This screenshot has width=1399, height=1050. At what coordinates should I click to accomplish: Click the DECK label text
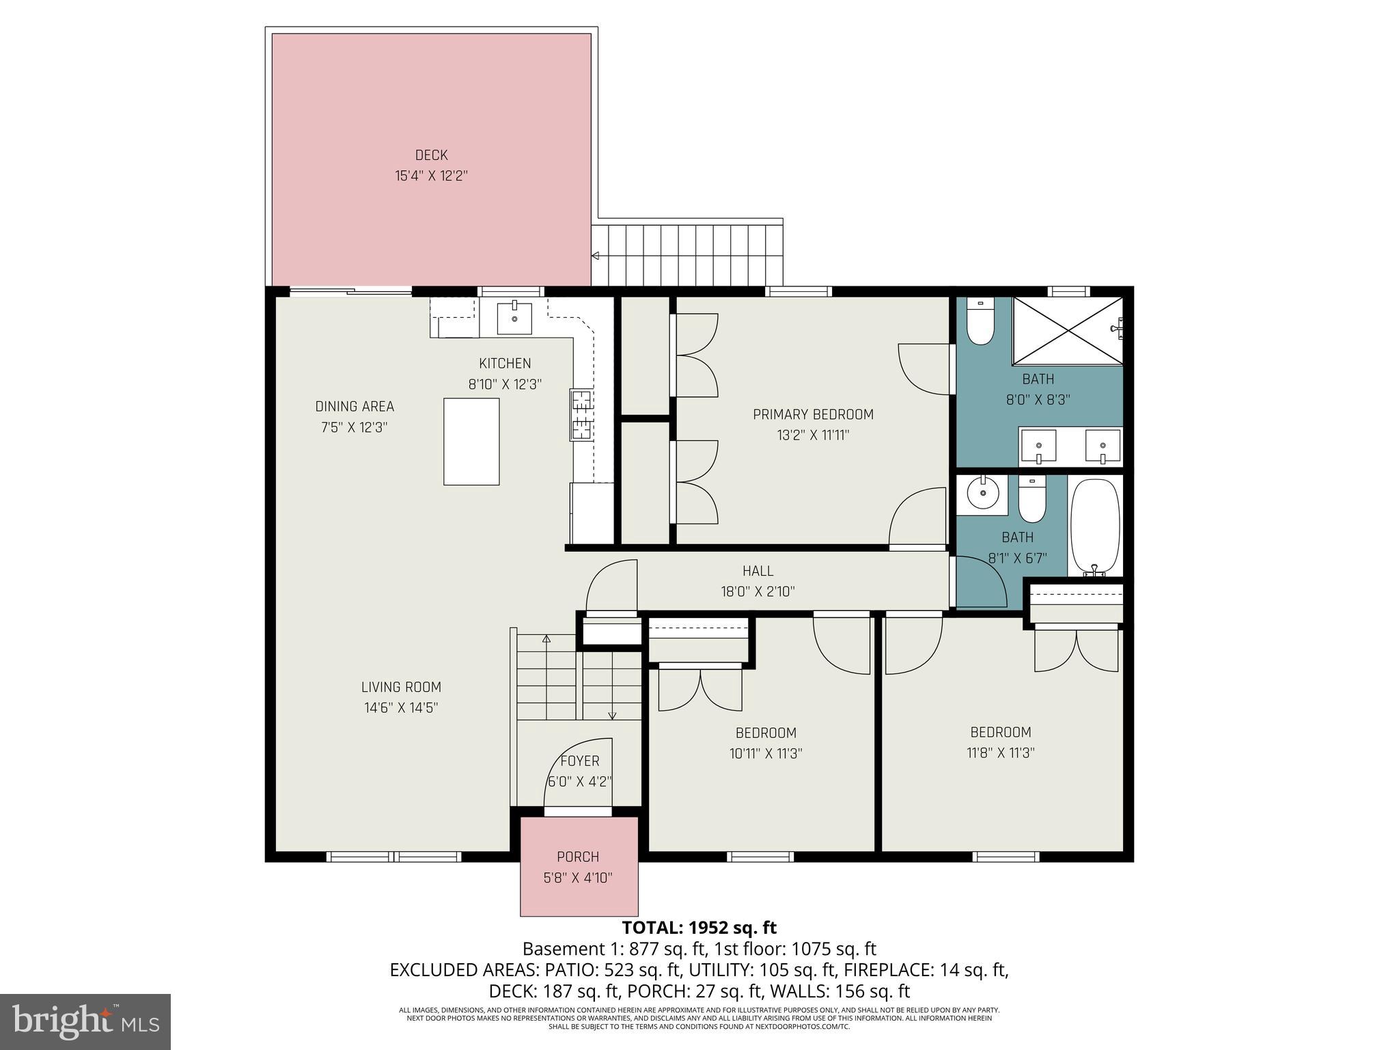(x=431, y=155)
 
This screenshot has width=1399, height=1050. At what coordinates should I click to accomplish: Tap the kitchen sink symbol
(x=514, y=317)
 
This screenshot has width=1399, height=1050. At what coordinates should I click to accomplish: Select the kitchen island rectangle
(x=471, y=442)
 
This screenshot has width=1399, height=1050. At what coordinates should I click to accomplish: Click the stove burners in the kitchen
(x=581, y=414)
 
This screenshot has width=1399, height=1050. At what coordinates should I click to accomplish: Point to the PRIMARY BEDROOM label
(x=813, y=414)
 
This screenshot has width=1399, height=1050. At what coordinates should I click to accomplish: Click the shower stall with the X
(x=1066, y=330)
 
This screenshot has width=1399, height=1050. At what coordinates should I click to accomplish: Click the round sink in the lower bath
(x=982, y=493)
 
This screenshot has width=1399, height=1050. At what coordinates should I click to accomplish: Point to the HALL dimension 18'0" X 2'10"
(x=758, y=591)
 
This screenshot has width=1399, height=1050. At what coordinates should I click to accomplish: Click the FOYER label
(x=579, y=761)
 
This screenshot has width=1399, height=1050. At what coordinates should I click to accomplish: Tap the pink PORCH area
(x=579, y=866)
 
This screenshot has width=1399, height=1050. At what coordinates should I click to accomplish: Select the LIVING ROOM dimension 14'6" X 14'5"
(x=401, y=708)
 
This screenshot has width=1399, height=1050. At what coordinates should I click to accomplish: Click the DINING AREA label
(x=355, y=407)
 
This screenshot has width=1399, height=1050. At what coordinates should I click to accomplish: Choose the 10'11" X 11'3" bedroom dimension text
(x=765, y=753)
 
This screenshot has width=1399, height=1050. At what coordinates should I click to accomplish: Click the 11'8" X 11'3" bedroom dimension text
(x=1000, y=753)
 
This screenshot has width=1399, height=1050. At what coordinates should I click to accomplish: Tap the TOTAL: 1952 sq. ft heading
(x=699, y=928)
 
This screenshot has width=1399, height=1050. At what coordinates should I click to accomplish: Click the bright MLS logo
(x=85, y=1021)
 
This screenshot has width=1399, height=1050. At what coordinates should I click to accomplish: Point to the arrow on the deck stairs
(x=596, y=256)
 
